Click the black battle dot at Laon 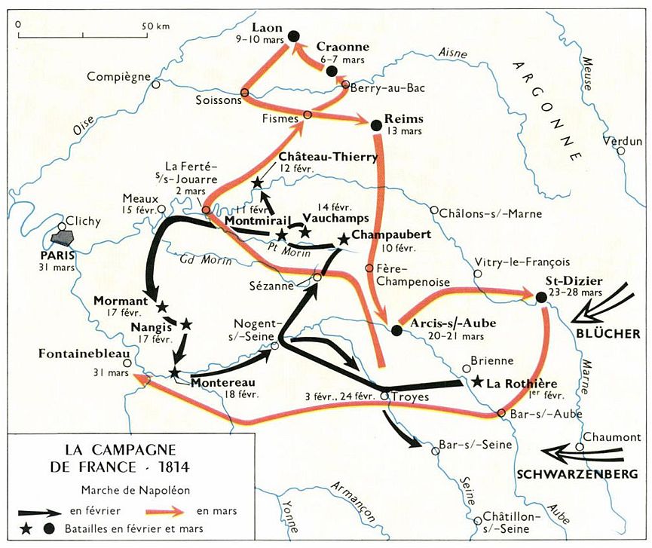(x=294, y=35)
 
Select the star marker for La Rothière (x=476, y=382)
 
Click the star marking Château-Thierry (x=258, y=182)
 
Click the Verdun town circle (x=621, y=151)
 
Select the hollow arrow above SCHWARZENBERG (x=584, y=455)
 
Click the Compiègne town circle (x=155, y=84)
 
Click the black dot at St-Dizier (x=541, y=298)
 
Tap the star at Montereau (x=175, y=372)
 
